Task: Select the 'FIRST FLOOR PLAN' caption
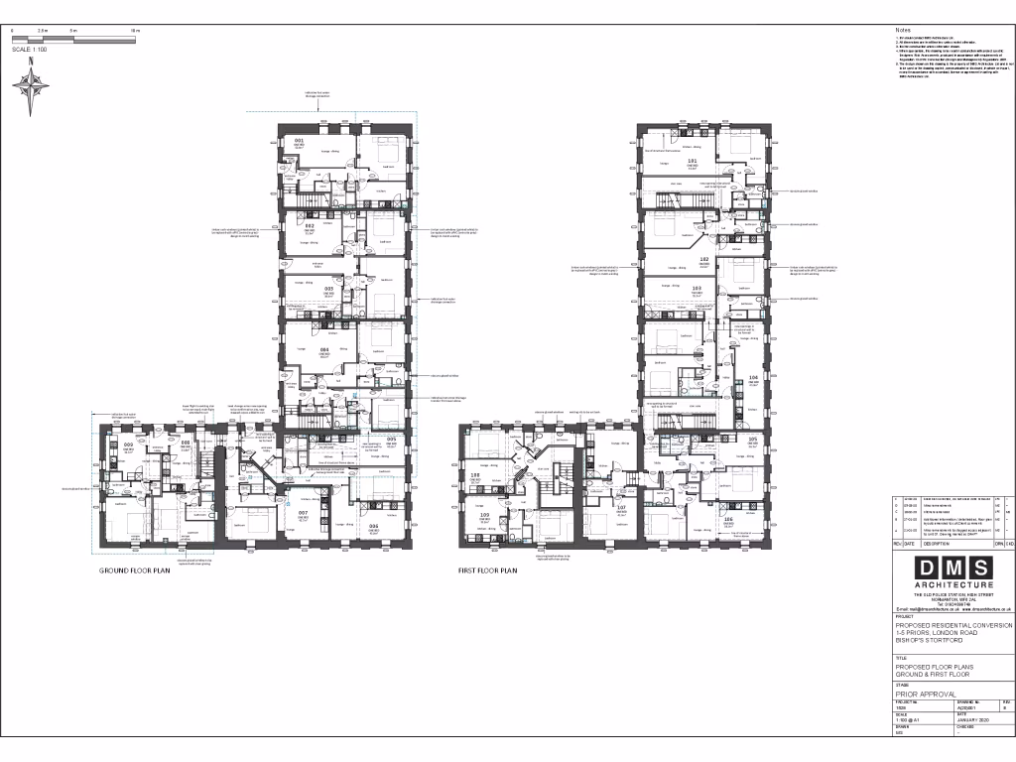point(487,571)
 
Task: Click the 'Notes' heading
point(902,31)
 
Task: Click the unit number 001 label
point(299,141)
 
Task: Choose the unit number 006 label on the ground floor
point(373,526)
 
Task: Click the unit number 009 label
point(128,445)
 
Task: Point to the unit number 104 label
point(753,377)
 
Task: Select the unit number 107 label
point(621,507)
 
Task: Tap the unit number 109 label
point(485,515)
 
